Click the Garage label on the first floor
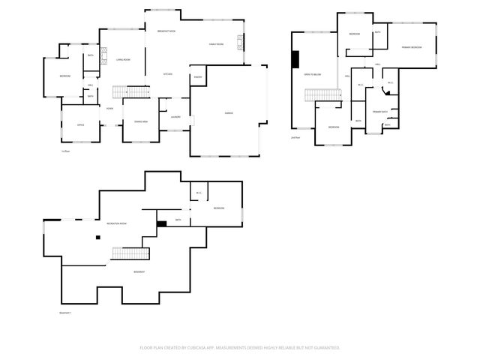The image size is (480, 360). pos(229,113)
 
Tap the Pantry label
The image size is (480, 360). pos(199,77)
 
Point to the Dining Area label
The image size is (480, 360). pos(140,121)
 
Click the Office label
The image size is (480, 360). pos(80,124)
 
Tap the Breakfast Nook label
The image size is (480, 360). pos(166,31)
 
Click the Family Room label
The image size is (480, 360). pos(216,45)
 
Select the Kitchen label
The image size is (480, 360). pos(169,73)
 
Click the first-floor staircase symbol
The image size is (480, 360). pos(128,92)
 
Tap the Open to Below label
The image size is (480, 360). pos(312,75)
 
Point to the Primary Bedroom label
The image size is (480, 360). pos(411,47)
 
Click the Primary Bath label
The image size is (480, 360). pos(379,112)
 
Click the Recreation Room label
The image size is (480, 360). pos(116,223)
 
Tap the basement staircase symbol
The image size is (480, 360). pos(128,253)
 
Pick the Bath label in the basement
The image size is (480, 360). pos(178,220)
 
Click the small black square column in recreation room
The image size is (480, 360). pos(97,238)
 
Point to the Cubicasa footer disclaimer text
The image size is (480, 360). pos(240,348)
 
